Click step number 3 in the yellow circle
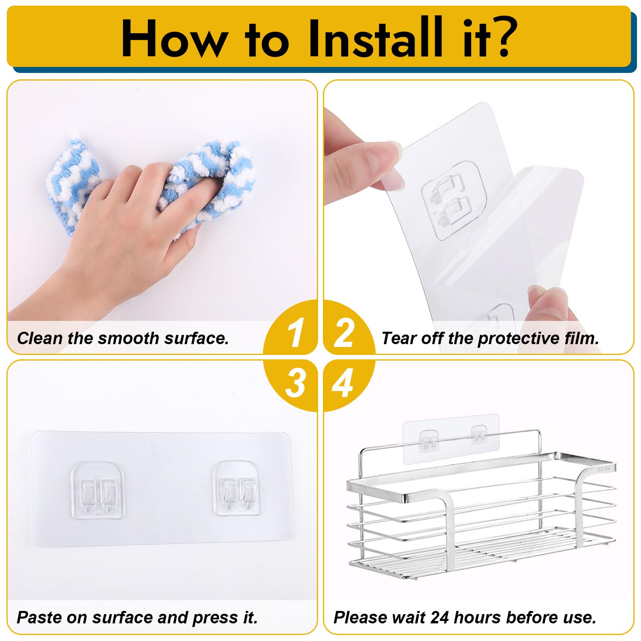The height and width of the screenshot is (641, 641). [296, 383]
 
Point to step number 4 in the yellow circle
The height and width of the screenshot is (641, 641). [343, 383]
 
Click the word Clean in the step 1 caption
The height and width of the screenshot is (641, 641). [40, 338]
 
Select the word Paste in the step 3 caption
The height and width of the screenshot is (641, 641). [40, 617]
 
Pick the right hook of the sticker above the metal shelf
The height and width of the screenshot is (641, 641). [479, 435]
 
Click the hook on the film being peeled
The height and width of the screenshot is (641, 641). [453, 200]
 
